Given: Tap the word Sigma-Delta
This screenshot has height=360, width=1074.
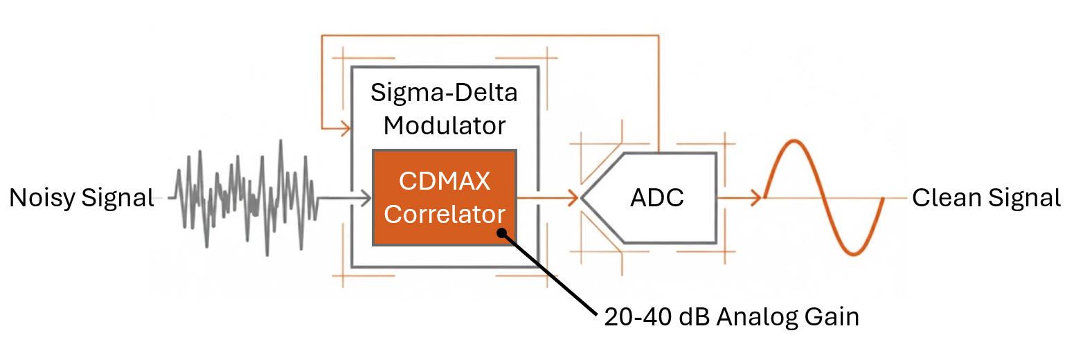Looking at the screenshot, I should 444,92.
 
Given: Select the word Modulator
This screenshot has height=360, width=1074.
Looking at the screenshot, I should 444,126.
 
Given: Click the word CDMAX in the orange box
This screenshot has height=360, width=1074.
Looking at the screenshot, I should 444,181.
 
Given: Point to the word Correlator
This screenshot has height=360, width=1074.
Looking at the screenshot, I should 444,215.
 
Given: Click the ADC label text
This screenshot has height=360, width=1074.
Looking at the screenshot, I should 657,198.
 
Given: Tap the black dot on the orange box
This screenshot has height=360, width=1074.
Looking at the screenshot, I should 503,233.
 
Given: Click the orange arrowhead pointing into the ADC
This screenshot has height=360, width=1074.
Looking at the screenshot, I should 572,199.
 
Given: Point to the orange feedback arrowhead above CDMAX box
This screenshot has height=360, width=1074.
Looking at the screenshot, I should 344,128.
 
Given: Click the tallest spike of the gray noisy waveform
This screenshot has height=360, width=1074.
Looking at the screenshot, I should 281,143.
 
